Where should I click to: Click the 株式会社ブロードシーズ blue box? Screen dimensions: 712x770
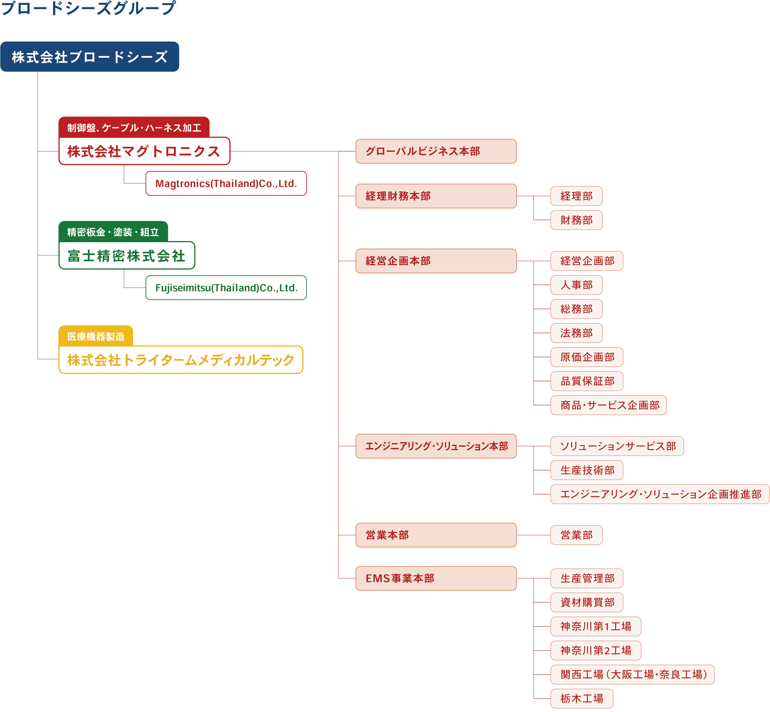click(x=90, y=57)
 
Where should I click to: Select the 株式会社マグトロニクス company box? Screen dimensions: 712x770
click(x=144, y=151)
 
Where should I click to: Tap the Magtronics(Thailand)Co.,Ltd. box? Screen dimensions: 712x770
click(x=226, y=183)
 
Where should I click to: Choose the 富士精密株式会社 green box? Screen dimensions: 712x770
click(x=127, y=255)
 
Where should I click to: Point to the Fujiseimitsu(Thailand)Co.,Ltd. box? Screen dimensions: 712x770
click(x=226, y=288)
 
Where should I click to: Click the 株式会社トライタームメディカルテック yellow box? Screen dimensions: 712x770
click(x=181, y=360)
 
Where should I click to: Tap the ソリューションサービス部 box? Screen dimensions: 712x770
click(x=617, y=446)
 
